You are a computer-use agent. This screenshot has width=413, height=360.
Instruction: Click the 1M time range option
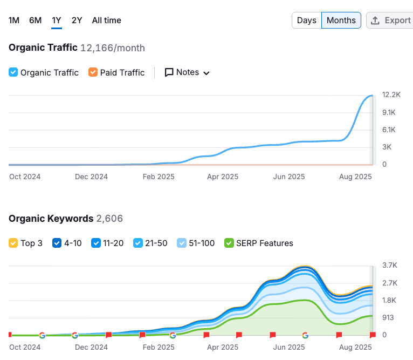point(14,21)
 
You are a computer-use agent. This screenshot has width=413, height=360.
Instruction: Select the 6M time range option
point(35,21)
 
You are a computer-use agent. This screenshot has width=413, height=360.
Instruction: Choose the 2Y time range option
point(77,21)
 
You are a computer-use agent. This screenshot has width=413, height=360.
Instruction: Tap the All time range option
point(106,21)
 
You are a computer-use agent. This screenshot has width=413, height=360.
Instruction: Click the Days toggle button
point(306,21)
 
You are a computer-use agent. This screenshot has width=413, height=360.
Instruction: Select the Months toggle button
point(341,21)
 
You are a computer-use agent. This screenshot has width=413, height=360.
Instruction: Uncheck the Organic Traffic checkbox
point(13,72)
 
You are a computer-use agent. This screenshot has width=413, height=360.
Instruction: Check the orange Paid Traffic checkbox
point(93,72)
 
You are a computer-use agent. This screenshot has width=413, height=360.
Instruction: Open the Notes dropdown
point(187,72)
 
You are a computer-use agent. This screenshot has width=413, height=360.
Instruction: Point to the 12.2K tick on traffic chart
point(391,95)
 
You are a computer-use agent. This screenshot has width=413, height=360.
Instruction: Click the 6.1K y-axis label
point(389,130)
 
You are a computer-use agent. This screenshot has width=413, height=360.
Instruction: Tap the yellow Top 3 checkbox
point(13,243)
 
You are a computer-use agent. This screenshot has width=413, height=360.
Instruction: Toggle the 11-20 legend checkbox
point(97,243)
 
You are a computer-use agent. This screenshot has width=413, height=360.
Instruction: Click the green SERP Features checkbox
point(229,243)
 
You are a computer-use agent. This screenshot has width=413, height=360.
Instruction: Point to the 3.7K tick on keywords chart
point(389,266)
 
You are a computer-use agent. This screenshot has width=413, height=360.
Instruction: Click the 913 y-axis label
point(388,317)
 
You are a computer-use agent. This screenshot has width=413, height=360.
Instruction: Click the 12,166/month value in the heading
point(112,48)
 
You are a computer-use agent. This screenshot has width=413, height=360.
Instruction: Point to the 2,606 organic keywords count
point(109,219)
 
